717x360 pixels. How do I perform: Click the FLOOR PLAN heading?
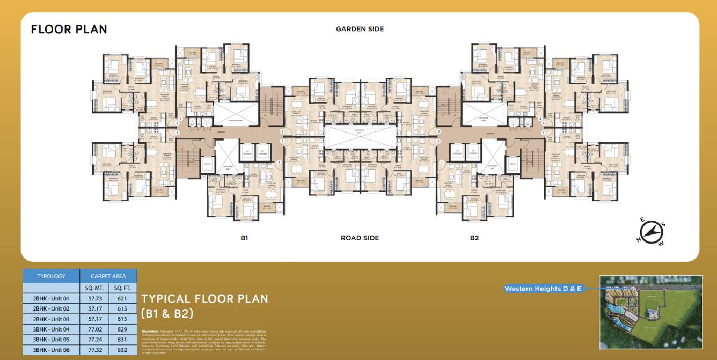pyautogui.click(x=69, y=29)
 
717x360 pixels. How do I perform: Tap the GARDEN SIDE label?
pyautogui.click(x=360, y=29)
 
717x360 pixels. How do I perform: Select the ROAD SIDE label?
pyautogui.click(x=360, y=238)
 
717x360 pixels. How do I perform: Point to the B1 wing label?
pyautogui.click(x=244, y=238)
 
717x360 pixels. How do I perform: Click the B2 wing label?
pyautogui.click(x=474, y=238)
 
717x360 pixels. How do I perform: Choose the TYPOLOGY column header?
pyautogui.click(x=51, y=276)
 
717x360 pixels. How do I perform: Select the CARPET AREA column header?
pyautogui.click(x=108, y=276)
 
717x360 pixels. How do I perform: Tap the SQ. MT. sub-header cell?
pyautogui.click(x=94, y=288)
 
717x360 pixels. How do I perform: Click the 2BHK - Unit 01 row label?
pyautogui.click(x=51, y=298)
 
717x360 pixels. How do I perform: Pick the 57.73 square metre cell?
pyautogui.click(x=94, y=298)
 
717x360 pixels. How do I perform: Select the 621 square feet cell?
pyautogui.click(x=122, y=298)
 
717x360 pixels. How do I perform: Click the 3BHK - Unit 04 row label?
pyautogui.click(x=51, y=329)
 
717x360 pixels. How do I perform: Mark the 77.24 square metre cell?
pyautogui.click(x=94, y=340)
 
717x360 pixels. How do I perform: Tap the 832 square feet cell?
pyautogui.click(x=122, y=350)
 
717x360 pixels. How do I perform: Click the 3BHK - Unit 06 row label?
pyautogui.click(x=51, y=350)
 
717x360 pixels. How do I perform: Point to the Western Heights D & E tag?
pyautogui.click(x=543, y=289)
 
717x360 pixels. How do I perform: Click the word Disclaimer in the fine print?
pyautogui.click(x=150, y=332)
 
